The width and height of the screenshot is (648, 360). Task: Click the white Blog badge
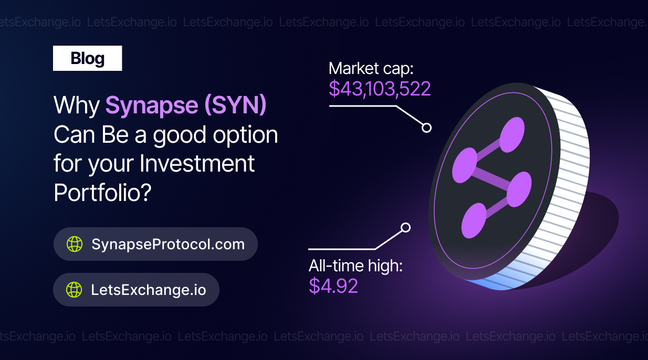pyautogui.click(x=87, y=58)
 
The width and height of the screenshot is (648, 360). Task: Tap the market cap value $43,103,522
pyautogui.click(x=380, y=89)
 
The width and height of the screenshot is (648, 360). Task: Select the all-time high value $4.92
pyautogui.click(x=333, y=285)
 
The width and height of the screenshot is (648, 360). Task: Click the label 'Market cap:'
pyautogui.click(x=371, y=69)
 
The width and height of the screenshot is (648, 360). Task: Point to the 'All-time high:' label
pyautogui.click(x=356, y=266)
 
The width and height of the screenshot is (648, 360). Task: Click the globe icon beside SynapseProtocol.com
pyautogui.click(x=75, y=244)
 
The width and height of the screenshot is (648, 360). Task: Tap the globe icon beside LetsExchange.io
pyautogui.click(x=74, y=290)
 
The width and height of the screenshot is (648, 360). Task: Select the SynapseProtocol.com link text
pyautogui.click(x=168, y=245)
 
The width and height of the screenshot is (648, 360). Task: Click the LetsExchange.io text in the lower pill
pyautogui.click(x=149, y=290)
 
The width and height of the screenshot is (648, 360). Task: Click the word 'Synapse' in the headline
pyautogui.click(x=152, y=104)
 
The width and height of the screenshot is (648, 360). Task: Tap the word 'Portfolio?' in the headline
pyautogui.click(x=103, y=193)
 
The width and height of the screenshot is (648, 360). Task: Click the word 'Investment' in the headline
pyautogui.click(x=197, y=163)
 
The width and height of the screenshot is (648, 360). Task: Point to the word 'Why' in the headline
pyautogui.click(x=77, y=105)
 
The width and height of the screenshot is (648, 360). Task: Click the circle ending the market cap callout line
pyautogui.click(x=426, y=128)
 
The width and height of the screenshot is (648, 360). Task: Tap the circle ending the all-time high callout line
pyautogui.click(x=405, y=228)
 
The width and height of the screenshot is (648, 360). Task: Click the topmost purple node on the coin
pyautogui.click(x=512, y=134)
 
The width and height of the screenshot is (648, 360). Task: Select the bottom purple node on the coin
pyautogui.click(x=474, y=220)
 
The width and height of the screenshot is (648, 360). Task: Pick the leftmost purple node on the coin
pyautogui.click(x=465, y=165)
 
